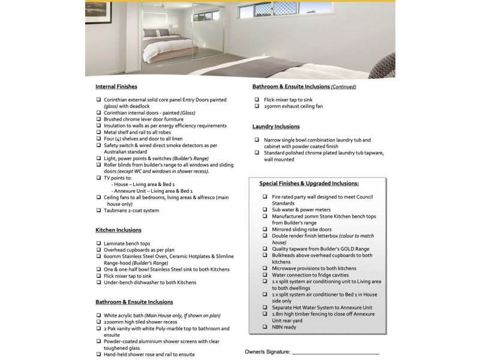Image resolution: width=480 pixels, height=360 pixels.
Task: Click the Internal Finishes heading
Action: (116, 86)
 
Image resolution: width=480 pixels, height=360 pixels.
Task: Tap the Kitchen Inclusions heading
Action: (118, 230)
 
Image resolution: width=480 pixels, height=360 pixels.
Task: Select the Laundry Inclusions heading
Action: (276, 127)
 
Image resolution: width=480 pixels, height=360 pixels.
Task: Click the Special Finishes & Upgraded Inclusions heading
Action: (309, 184)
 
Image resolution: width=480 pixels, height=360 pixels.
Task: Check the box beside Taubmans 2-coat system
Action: (98, 211)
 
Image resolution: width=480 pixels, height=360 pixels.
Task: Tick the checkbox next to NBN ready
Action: (265, 327)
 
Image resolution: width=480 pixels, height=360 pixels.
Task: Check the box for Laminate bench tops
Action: (98, 243)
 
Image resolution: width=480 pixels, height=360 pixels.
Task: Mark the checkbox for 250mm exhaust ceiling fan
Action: (256, 106)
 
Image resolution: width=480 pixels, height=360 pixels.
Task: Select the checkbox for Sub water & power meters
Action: (265, 209)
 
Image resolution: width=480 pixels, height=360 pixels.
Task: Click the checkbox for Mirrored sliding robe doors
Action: (265, 229)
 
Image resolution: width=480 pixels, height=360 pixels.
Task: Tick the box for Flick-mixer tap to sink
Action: (256, 100)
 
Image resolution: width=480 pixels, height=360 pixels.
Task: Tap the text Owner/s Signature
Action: (268, 352)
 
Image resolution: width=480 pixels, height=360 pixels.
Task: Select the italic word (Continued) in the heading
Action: (344, 87)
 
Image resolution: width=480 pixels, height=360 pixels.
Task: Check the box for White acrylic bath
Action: (98, 315)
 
